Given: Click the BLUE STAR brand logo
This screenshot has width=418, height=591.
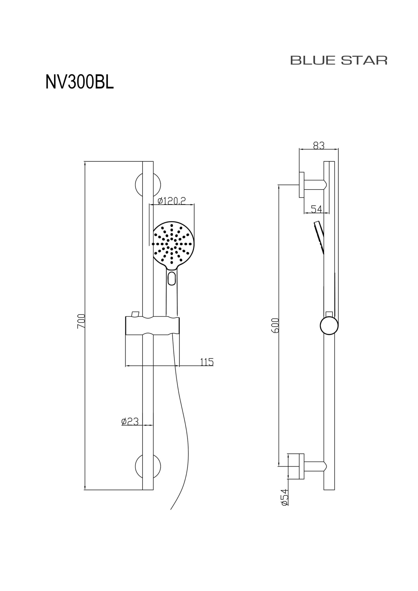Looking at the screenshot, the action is pyautogui.click(x=339, y=60).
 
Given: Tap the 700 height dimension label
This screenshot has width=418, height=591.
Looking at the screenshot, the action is pyautogui.click(x=81, y=321).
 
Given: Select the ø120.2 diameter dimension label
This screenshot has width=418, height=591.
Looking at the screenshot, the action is pyautogui.click(x=172, y=201).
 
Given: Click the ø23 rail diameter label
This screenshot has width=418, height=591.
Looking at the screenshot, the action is pyautogui.click(x=130, y=421).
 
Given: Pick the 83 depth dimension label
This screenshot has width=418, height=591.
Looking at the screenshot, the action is pyautogui.click(x=319, y=145).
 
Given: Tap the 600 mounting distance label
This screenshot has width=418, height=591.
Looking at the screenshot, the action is pyautogui.click(x=275, y=326).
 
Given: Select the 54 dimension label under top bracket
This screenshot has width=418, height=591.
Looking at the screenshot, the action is pyautogui.click(x=317, y=209).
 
